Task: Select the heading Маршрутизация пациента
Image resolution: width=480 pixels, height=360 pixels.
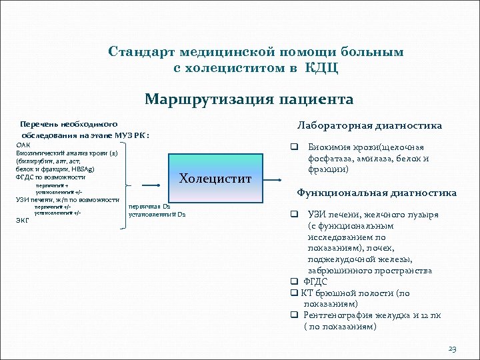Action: [x=249, y=100]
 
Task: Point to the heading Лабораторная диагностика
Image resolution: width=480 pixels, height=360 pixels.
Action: [x=369, y=125]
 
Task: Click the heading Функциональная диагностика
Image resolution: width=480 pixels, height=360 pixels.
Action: [x=376, y=193]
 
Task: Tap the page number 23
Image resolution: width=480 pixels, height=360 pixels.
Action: [x=453, y=349]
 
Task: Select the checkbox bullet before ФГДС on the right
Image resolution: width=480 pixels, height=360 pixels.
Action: [x=293, y=282]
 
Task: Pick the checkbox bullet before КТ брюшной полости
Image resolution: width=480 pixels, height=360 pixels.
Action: [x=293, y=293]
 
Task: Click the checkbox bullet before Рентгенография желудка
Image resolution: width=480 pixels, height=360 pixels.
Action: [x=293, y=315]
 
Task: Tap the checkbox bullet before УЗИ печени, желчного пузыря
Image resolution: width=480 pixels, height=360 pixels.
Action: [x=293, y=215]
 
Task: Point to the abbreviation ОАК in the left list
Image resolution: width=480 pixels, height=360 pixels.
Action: [x=23, y=145]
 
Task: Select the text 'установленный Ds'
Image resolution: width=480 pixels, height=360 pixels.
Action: [x=157, y=215]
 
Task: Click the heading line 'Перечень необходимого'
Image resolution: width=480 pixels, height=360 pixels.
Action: [x=69, y=124]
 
